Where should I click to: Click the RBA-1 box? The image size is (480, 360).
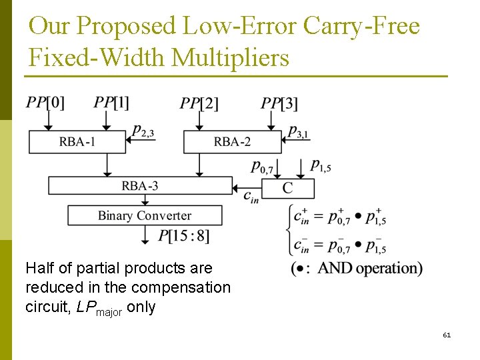tap(77, 141)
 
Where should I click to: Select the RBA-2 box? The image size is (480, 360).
tap(232, 141)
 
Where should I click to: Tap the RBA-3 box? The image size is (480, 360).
tap(139, 185)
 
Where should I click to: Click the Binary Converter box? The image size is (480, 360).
tap(144, 215)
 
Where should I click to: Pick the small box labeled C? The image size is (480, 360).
tap(287, 189)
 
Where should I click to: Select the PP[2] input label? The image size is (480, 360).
tap(199, 103)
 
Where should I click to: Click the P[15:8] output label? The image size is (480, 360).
tap(183, 235)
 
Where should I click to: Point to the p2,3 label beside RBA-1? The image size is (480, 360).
tap(143, 133)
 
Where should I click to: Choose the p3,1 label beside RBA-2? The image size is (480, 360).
tap(298, 133)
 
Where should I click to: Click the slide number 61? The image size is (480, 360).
tap(447, 335)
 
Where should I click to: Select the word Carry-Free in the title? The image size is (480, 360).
tap(361, 26)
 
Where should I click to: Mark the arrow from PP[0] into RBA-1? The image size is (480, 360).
tap(47, 121)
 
